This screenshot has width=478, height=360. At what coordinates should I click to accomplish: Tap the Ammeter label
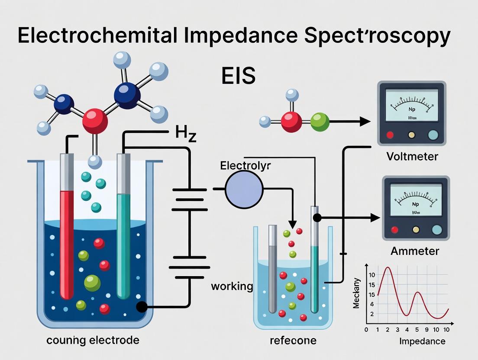tap(414, 251)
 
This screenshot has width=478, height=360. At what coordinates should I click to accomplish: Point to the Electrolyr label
tap(245, 166)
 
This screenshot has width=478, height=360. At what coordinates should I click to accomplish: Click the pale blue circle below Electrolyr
tap(244, 189)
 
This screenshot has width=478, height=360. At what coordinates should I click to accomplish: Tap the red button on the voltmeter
tap(390, 135)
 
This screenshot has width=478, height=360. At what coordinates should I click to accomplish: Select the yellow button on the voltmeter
tap(411, 135)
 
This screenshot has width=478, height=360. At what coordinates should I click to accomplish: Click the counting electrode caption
tap(93, 340)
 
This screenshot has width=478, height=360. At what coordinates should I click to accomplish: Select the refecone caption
tap(293, 341)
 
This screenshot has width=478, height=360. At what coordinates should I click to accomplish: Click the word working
tap(232, 286)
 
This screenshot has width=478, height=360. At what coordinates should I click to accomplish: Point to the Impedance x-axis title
tap(422, 341)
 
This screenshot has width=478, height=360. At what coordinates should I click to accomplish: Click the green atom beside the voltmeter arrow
tap(320, 122)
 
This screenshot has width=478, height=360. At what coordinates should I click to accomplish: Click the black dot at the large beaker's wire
tap(142, 307)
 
